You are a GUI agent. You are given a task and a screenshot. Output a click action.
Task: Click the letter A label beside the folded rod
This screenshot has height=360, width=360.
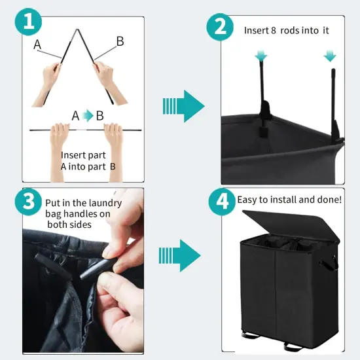click(37, 45)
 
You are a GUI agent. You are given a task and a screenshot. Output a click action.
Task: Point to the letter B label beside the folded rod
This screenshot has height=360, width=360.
click(120, 41)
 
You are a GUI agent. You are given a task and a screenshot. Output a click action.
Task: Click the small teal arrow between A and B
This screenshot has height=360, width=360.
click(87, 117)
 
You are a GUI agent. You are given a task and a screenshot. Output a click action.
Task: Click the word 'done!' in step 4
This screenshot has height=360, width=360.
click(327, 199)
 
